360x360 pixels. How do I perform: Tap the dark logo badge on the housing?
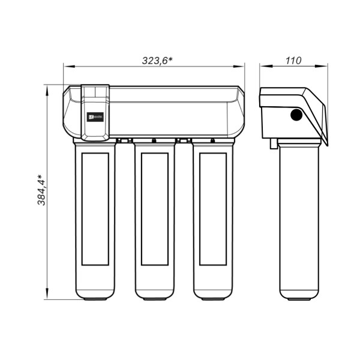(95, 118)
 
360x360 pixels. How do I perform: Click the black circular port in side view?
(295, 116)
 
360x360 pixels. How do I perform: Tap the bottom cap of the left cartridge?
(95, 296)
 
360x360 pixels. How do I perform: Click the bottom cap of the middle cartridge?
(154, 296)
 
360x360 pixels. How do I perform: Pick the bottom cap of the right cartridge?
(212, 296)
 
